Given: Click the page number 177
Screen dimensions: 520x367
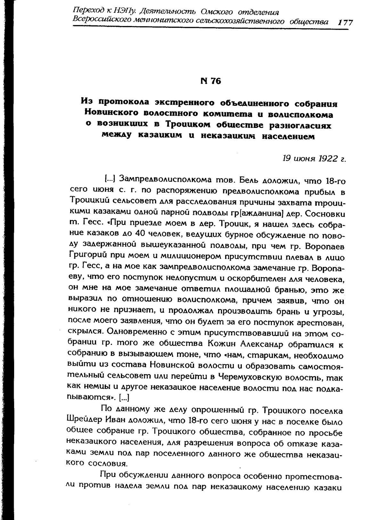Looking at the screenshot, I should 345,22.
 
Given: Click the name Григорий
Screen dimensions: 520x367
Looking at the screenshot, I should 86,257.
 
